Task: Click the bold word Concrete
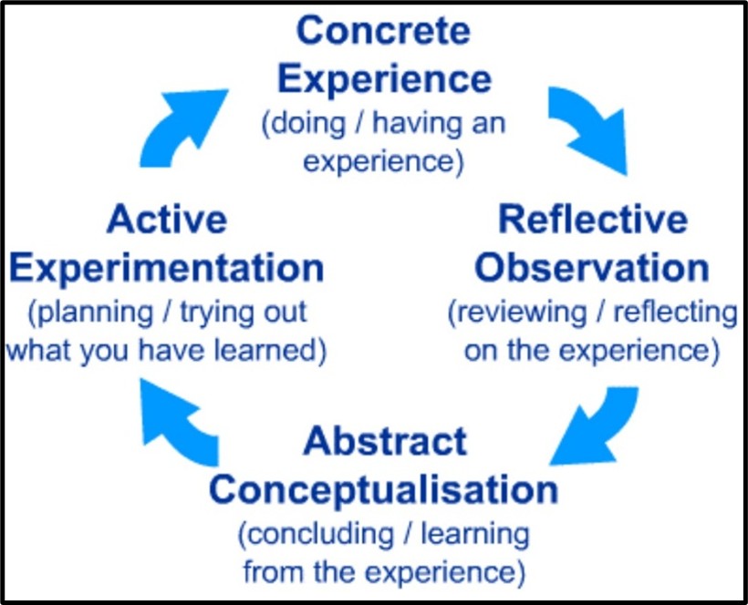point(383,31)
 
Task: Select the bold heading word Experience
point(384,80)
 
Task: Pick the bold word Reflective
point(593,220)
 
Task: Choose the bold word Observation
point(592,268)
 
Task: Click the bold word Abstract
point(385,441)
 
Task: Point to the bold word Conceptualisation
point(383,490)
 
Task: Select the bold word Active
point(167,220)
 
